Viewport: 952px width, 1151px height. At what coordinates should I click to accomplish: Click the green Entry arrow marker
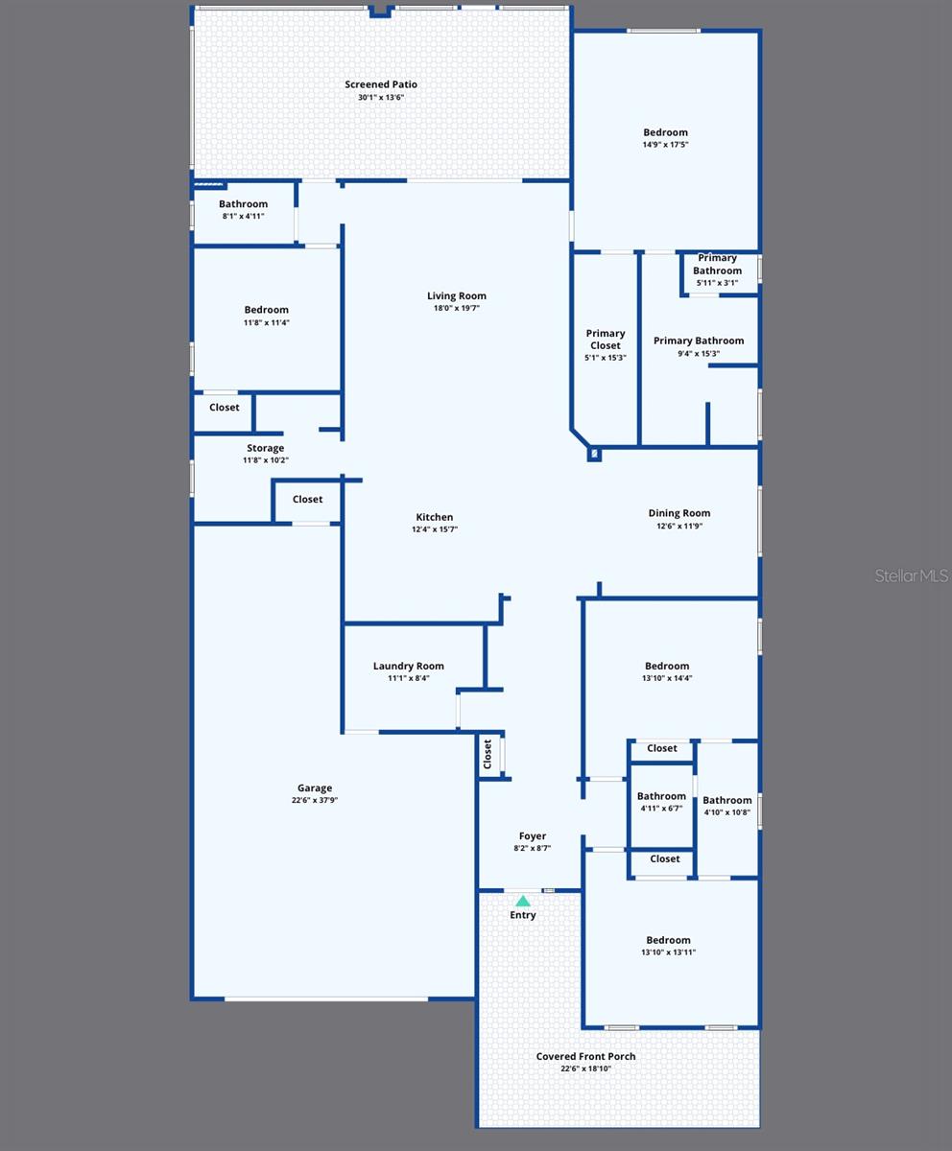[x=523, y=902]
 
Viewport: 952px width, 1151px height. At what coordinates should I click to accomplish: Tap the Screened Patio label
[x=381, y=84]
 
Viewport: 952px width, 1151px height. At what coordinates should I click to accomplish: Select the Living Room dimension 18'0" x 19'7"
[x=457, y=308]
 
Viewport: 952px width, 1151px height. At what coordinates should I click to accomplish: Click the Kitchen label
[x=434, y=517]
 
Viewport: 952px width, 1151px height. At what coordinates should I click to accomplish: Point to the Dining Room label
[x=679, y=513]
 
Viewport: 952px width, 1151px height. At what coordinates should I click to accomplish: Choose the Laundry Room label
[x=409, y=666]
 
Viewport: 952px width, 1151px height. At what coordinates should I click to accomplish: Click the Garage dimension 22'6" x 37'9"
[x=315, y=800]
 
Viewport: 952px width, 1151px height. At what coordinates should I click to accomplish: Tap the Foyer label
[x=533, y=836]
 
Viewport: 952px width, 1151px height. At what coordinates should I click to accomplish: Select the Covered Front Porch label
[x=585, y=1056]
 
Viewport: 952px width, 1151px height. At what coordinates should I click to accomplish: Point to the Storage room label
[x=266, y=448]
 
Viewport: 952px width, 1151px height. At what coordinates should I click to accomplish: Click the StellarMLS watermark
[x=911, y=575]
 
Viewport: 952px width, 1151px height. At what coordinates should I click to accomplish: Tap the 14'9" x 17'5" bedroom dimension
[x=666, y=145]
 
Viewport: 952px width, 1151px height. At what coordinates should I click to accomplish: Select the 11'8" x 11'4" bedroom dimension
[x=267, y=322]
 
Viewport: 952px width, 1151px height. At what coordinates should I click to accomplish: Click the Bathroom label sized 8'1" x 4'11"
[x=244, y=204]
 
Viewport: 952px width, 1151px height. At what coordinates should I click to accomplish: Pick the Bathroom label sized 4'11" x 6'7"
[x=661, y=796]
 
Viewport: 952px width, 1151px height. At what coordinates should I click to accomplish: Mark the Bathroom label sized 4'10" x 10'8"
[x=727, y=800]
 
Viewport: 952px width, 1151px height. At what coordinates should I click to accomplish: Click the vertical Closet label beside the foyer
[x=488, y=754]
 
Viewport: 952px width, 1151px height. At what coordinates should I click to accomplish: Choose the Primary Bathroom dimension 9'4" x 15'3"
[x=699, y=354]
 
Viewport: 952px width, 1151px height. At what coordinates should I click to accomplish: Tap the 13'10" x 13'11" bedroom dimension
[x=668, y=952]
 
